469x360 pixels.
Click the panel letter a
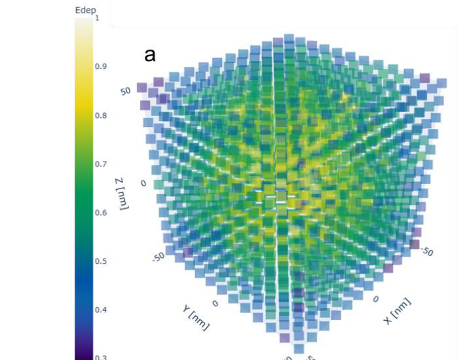150,55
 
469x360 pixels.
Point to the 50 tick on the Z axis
125,90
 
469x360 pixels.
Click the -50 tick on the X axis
426,251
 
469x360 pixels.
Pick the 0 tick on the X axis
375,298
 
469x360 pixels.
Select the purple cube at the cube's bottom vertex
284,338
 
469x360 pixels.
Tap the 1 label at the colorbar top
97,18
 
